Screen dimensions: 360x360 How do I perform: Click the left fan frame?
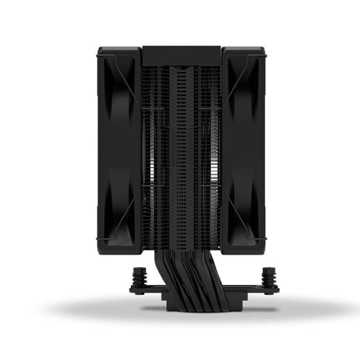coord(118,149)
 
